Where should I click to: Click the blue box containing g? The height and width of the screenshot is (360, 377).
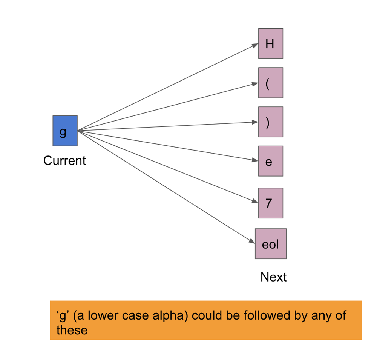[x=65, y=131]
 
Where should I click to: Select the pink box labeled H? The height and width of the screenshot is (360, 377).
[x=270, y=43]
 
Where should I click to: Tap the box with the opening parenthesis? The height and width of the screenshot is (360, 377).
[x=270, y=83]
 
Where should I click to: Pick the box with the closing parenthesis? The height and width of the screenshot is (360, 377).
[x=270, y=122]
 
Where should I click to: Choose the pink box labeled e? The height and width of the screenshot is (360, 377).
[x=270, y=161]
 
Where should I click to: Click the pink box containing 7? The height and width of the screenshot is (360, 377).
[x=270, y=203]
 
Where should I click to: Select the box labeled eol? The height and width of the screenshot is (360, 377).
[x=270, y=244]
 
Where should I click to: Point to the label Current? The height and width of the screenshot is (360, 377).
[x=64, y=161]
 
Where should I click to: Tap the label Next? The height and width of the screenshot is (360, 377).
[x=273, y=277]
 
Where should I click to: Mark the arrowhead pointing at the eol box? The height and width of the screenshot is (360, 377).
[x=251, y=241]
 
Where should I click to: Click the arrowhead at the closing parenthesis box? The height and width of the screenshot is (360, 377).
[x=255, y=122]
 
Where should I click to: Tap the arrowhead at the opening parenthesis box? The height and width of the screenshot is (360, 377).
[x=255, y=84]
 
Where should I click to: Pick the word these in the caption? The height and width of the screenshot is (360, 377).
[x=72, y=330]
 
